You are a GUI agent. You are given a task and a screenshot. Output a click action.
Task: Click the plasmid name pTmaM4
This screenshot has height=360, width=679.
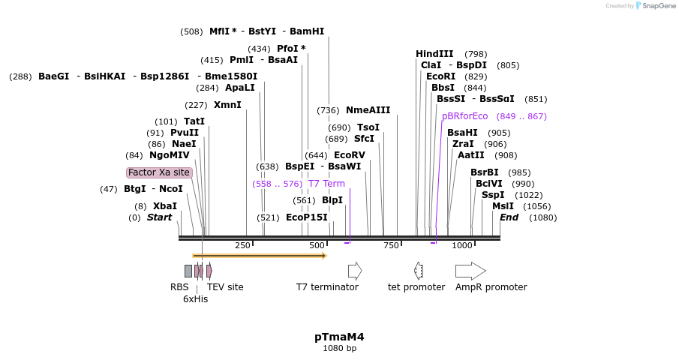tap(339, 337)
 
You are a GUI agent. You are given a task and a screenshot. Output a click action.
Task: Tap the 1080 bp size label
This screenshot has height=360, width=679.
tap(339, 348)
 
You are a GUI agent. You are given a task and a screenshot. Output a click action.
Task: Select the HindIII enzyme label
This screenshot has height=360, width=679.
tap(434, 54)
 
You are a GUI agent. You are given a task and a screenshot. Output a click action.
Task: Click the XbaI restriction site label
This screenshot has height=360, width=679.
tap(165, 206)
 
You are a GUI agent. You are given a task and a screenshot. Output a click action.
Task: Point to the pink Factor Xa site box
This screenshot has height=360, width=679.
tap(159, 172)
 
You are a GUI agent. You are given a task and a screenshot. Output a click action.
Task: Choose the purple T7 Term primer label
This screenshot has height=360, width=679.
tap(326, 184)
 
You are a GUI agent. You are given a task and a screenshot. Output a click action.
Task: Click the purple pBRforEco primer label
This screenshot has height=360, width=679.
tap(464, 116)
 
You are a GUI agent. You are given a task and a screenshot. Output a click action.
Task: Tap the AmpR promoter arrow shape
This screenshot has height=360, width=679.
tap(470, 271)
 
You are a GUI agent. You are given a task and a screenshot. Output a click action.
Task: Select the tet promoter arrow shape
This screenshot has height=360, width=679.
tap(419, 271)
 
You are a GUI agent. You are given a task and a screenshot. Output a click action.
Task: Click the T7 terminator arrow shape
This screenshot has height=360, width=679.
tap(355, 271)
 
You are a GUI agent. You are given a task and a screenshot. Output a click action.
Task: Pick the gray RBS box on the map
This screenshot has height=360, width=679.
tap(188, 271)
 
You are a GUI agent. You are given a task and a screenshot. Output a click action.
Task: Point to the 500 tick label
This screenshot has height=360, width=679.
tap(317, 245)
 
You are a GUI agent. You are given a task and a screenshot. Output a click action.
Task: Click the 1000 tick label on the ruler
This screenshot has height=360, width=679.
tap(462, 245)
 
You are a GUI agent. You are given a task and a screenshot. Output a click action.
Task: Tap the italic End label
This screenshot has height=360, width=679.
tap(509, 217)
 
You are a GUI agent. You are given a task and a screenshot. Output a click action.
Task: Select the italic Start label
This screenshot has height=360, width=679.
tap(159, 217)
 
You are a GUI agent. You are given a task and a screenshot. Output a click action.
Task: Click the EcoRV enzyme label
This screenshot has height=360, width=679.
tap(349, 155)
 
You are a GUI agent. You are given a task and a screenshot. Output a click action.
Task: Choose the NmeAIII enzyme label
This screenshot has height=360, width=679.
tap(368, 110)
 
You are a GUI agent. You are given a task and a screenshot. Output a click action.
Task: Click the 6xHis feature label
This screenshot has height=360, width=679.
tap(195, 298)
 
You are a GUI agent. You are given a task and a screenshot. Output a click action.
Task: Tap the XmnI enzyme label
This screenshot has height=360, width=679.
tap(227, 105)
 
